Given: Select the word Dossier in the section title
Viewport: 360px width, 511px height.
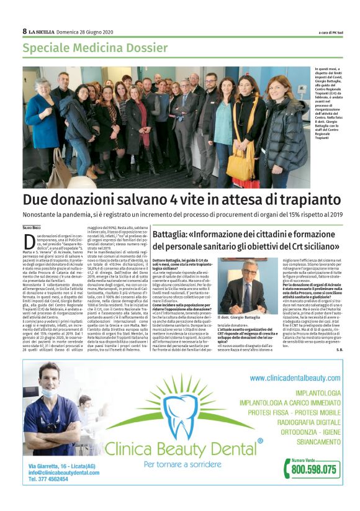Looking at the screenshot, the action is pos(150,48).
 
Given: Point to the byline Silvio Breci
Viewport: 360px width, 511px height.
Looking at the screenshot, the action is pos(32,230).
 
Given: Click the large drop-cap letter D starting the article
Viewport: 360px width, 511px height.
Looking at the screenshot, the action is pos(28,240).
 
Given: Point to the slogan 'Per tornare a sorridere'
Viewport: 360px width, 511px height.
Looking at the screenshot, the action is pos(179,463).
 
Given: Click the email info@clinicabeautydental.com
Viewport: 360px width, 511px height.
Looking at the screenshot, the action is pos(63,473).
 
